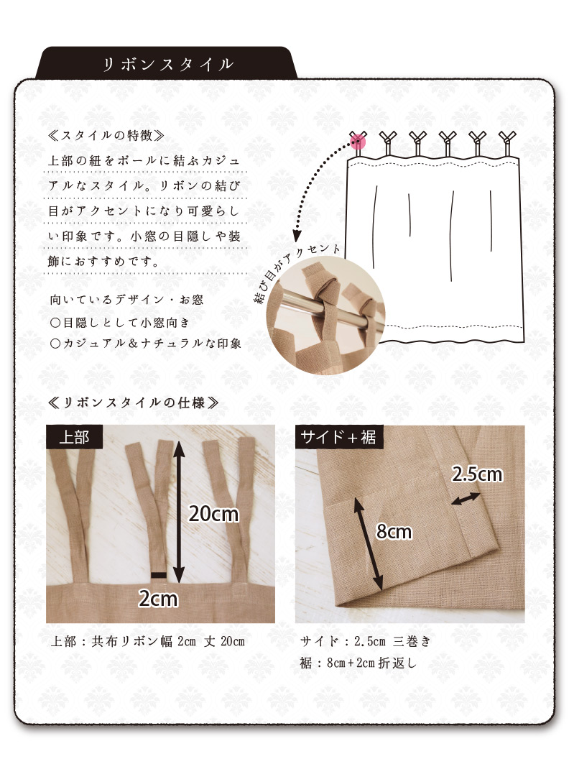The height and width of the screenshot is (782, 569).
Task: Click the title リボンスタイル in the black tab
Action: [168, 65]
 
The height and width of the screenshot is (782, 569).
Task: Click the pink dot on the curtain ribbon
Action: [358, 142]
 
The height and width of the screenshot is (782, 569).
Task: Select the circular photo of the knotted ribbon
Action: [325, 315]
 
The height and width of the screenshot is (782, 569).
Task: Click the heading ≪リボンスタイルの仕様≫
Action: [133, 402]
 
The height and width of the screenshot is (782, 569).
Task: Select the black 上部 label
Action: [74, 437]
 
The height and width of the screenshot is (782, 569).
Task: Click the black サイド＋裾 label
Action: [338, 437]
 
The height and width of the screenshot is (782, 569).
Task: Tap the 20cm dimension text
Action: [213, 514]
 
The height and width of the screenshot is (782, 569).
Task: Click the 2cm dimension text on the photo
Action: [158, 599]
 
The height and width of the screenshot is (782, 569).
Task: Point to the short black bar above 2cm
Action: [159, 575]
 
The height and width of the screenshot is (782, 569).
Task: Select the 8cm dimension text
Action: [394, 532]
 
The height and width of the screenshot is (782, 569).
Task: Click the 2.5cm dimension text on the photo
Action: [477, 474]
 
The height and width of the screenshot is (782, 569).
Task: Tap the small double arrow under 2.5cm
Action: [466, 499]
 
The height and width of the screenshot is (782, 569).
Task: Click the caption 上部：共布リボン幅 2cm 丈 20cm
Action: [148, 641]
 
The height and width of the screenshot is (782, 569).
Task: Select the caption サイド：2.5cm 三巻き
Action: [365, 641]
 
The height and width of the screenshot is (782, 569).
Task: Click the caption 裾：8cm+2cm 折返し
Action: [358, 663]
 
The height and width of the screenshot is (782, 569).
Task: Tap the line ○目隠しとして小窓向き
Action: [120, 323]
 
